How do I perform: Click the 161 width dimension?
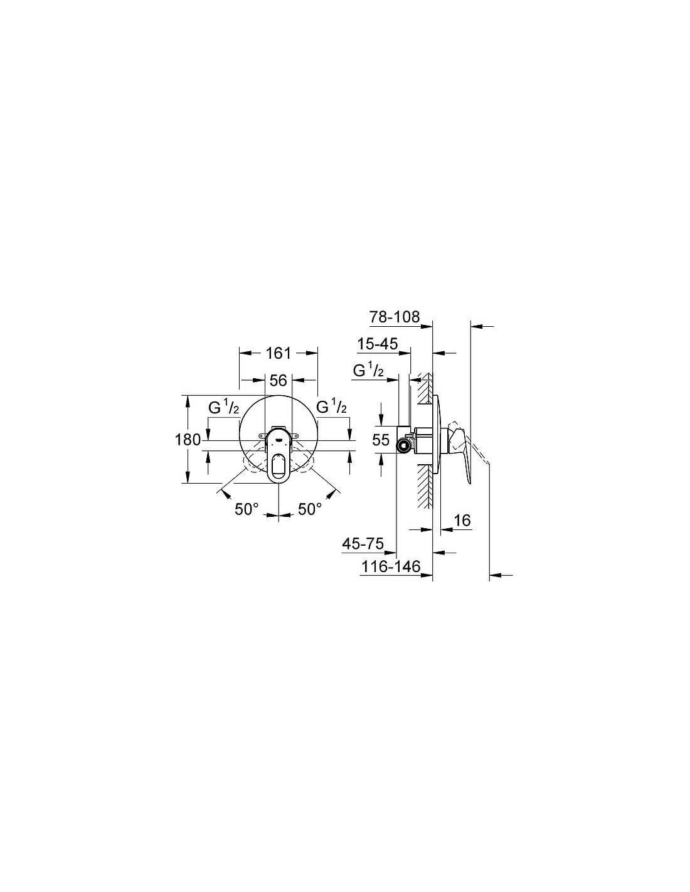click(x=279, y=353)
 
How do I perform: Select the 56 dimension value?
click(x=279, y=381)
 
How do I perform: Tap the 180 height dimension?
click(x=188, y=440)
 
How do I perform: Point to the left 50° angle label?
click(x=247, y=509)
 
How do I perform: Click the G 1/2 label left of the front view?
click(x=224, y=408)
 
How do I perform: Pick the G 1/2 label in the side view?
click(x=368, y=371)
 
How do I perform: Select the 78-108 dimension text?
click(x=395, y=317)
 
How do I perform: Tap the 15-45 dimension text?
click(x=378, y=344)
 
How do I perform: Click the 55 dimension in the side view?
click(x=381, y=440)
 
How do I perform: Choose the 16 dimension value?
click(x=462, y=521)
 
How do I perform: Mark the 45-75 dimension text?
click(x=363, y=544)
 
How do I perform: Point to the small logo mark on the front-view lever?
click(x=279, y=439)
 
